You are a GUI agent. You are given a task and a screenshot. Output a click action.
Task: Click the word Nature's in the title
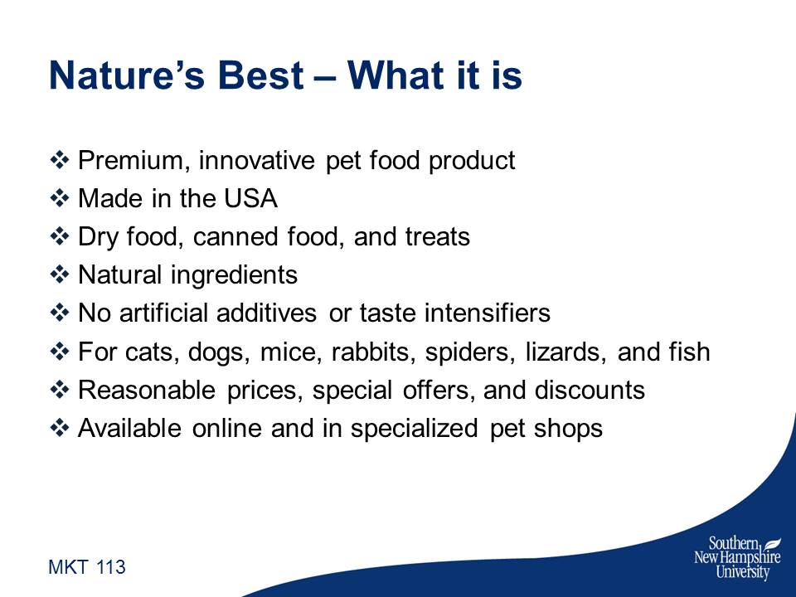127,75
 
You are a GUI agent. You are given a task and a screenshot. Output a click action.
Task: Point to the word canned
234,237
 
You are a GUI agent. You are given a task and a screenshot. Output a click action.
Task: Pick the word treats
437,237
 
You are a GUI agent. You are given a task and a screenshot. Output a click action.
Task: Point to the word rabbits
370,352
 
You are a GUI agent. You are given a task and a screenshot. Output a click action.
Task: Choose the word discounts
590,391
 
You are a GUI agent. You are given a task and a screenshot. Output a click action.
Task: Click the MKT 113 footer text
87,567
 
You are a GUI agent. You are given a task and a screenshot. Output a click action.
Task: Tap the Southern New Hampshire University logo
738,558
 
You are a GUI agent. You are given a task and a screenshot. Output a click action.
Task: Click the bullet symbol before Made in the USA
60,198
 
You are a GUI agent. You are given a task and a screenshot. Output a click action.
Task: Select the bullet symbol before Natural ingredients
60,274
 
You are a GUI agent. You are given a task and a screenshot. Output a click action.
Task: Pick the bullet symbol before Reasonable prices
60,390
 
